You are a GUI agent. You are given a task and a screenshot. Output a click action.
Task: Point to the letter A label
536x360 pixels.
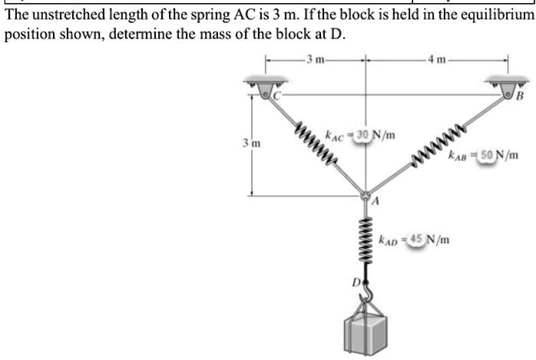[x=376, y=203]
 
